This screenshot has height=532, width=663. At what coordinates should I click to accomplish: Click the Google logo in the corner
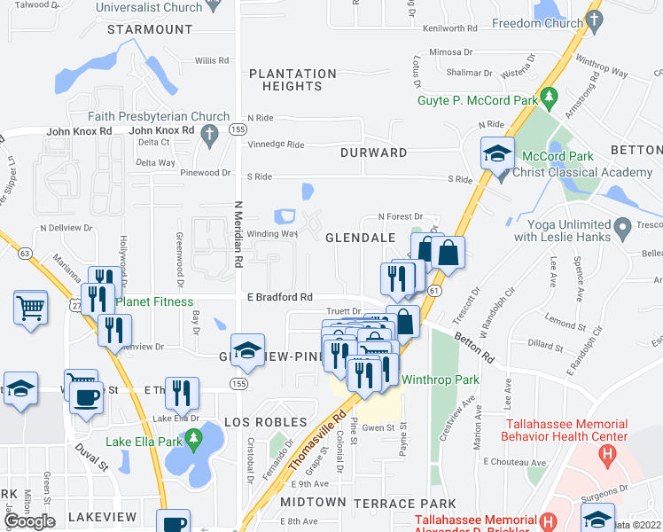29,521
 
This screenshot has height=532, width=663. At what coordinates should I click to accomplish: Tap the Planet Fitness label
154,301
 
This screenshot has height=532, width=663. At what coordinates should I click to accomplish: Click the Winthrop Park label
441,379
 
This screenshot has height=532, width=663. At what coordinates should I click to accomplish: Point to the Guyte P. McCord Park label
478,100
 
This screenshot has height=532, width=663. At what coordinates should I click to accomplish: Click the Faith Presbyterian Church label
159,116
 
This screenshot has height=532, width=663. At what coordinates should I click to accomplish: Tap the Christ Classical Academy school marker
497,153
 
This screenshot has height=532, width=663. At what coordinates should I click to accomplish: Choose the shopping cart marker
31,309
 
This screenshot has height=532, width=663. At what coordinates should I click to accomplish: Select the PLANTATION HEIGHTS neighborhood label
285,80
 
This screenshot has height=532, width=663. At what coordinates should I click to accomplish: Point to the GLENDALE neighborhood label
359,239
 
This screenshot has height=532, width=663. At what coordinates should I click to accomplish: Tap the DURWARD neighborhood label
373,153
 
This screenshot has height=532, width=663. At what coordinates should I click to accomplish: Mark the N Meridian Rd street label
238,234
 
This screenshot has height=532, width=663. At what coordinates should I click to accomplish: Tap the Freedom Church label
539,24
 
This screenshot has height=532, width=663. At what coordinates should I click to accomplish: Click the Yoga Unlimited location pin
622,226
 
